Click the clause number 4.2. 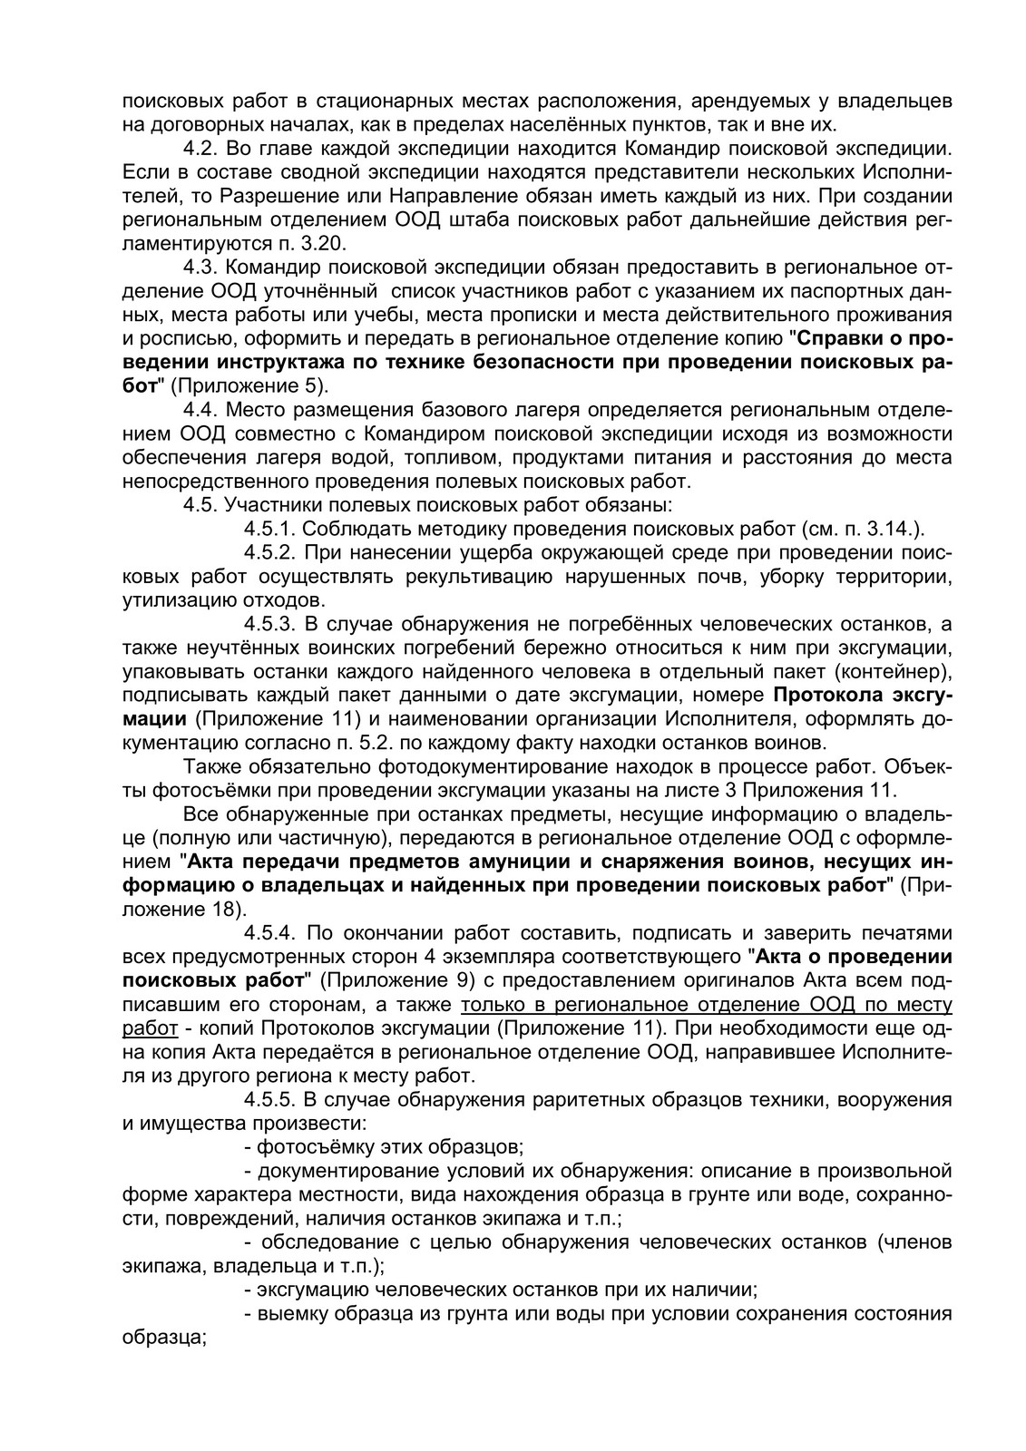pyautogui.click(x=199, y=147)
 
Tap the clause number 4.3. pyautogui.click(x=199, y=268)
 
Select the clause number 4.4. pyautogui.click(x=199, y=410)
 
